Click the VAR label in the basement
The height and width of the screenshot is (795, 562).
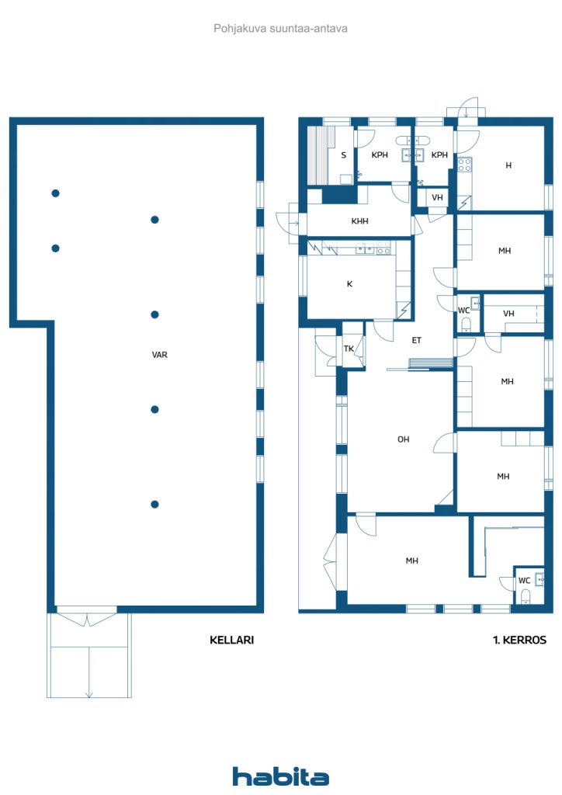160,355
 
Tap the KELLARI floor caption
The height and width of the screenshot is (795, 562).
231,640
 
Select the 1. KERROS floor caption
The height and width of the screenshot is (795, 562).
519,640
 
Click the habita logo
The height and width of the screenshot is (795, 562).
280,776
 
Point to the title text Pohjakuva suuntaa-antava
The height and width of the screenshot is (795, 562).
280,29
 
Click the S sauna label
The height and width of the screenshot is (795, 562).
344,155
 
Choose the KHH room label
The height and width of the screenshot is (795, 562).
360,221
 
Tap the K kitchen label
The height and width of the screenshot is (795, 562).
349,284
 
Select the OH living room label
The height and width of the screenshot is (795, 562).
404,439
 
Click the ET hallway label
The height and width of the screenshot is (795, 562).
416,340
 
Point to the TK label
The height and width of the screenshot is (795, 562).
349,349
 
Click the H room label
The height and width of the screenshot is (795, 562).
508,165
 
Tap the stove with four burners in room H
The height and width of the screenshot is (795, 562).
465,165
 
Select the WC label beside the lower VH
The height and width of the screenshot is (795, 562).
463,311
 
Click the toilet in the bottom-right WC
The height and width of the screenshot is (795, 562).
526,595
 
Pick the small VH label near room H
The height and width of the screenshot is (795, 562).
437,197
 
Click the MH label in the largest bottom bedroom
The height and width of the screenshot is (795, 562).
412,561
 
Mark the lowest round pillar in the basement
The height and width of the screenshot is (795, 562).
155,504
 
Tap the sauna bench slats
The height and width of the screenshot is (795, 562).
317,155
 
